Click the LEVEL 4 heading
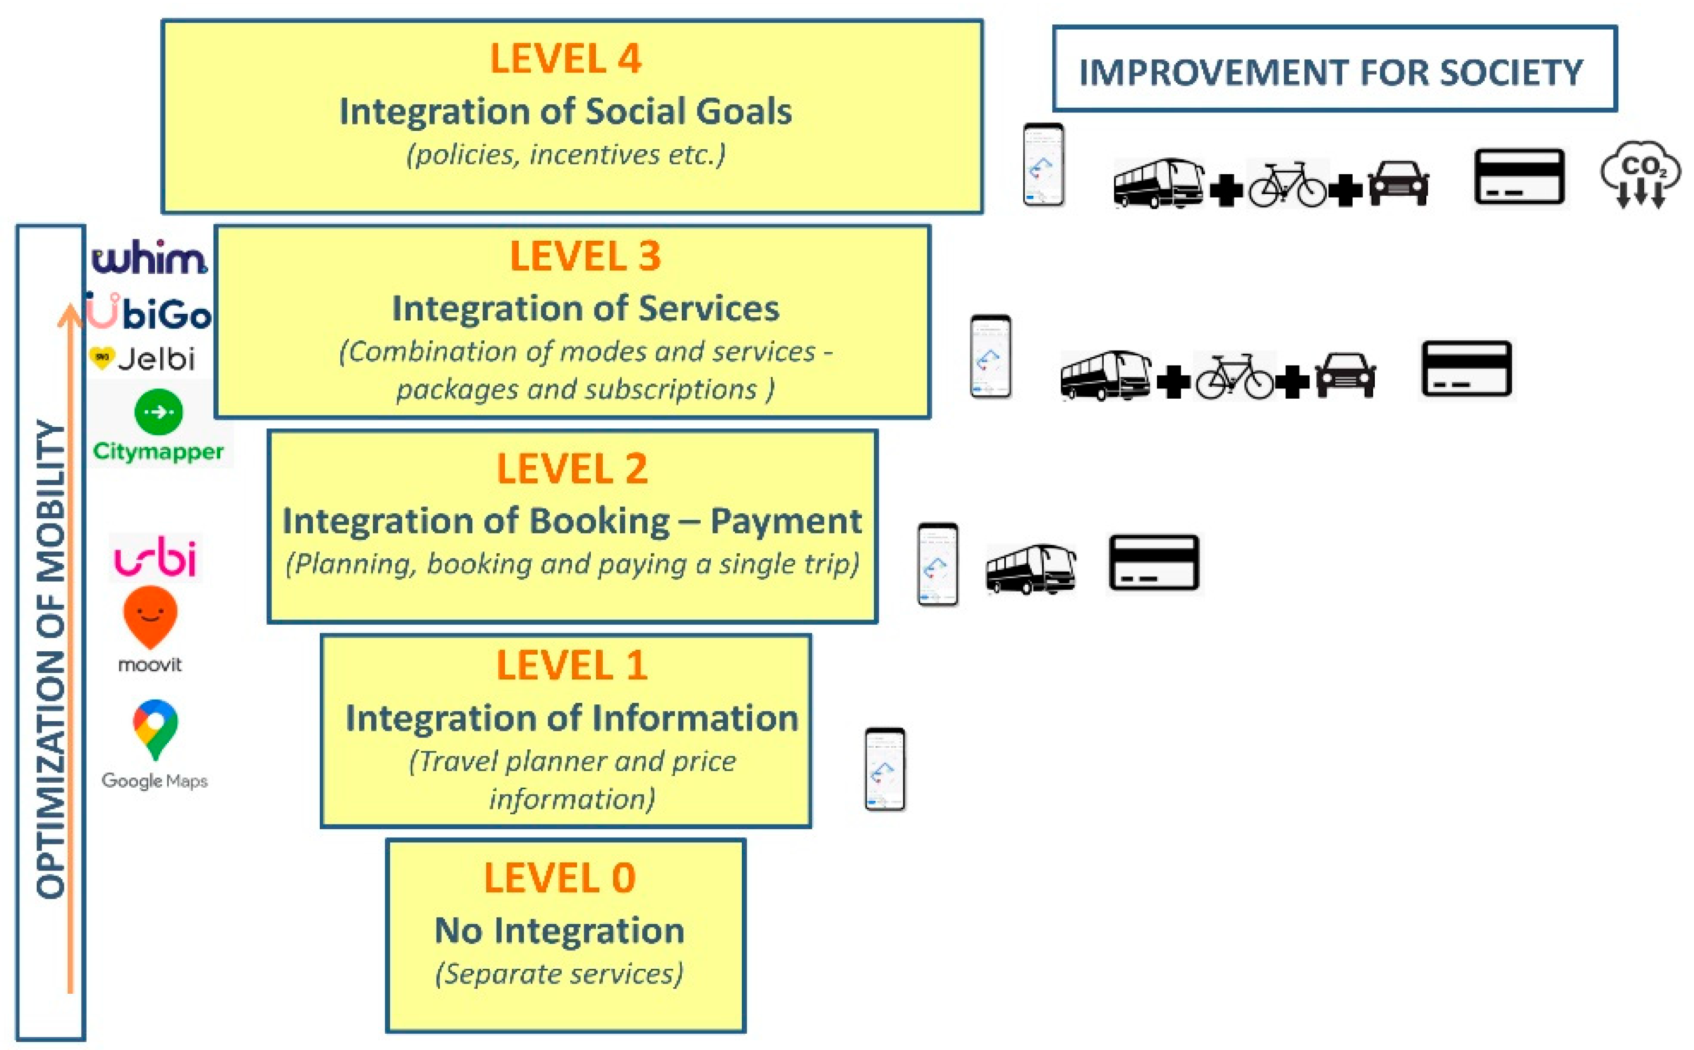click(565, 58)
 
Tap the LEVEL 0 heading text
click(560, 878)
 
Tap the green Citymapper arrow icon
click(159, 412)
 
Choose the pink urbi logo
click(156, 557)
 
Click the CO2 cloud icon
click(1640, 175)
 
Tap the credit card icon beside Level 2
click(1153, 563)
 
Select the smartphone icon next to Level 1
click(885, 769)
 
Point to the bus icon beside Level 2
click(1031, 569)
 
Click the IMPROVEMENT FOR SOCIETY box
click(1334, 69)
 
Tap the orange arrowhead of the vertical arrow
click(69, 314)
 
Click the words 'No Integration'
click(560, 930)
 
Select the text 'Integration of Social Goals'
click(565, 111)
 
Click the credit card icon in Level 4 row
click(1519, 176)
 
